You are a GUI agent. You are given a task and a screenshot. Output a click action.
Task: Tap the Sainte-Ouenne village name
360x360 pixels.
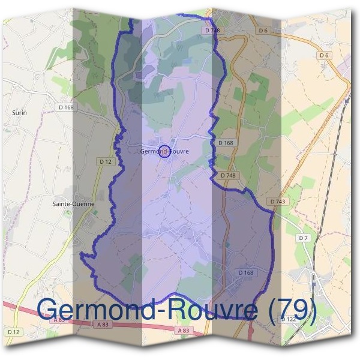[73, 203]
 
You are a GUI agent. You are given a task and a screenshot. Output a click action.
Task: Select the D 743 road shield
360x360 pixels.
[277, 202]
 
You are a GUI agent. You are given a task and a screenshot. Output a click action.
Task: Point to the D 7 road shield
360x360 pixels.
[304, 238]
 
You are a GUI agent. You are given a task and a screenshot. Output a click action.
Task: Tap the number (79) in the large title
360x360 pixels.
[292, 309]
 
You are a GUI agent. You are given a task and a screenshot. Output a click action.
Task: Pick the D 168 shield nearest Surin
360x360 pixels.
[66, 107]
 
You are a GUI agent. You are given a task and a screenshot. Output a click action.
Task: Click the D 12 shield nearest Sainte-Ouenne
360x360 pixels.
[105, 161]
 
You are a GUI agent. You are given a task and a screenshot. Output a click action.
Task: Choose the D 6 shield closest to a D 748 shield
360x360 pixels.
[262, 30]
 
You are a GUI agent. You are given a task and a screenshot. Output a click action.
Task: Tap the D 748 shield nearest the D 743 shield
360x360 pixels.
[227, 175]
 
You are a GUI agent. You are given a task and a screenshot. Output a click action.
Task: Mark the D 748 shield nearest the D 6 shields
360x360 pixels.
[212, 29]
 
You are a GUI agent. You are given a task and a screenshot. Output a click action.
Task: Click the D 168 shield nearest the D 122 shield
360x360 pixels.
[246, 272]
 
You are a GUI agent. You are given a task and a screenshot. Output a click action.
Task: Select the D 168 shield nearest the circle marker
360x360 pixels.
[226, 143]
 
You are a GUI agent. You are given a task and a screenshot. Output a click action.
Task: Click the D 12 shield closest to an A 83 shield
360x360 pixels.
[13, 331]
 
